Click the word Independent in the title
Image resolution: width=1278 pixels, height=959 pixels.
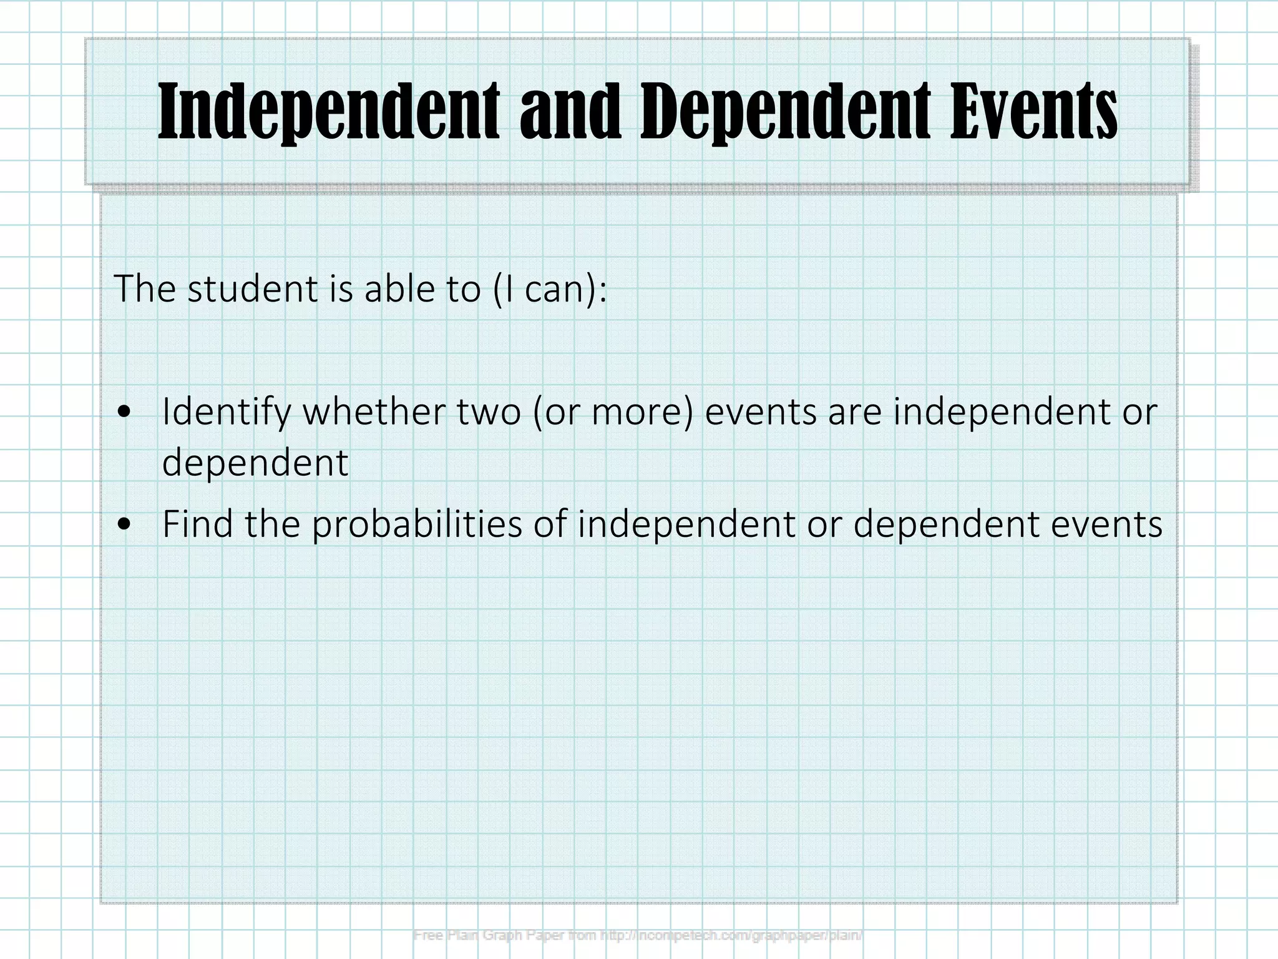[x=329, y=112]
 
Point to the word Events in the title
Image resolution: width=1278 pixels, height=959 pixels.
[x=1033, y=112]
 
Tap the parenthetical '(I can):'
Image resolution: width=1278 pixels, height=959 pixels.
[x=550, y=290]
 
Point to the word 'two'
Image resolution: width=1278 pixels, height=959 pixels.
[x=489, y=413]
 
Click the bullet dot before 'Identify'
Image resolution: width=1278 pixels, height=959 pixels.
[x=125, y=413]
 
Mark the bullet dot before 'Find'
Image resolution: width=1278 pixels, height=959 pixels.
[x=125, y=525]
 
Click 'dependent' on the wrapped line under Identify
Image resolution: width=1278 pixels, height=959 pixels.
[x=255, y=463]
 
